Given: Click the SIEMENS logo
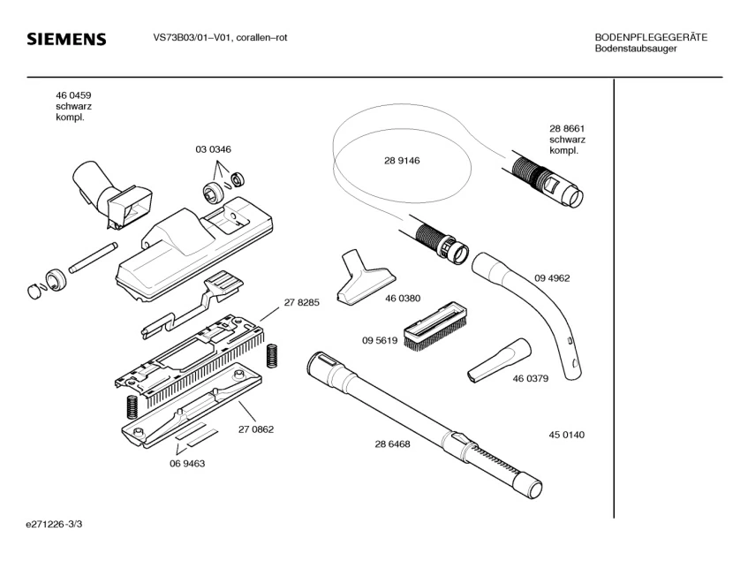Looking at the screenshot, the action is (x=66, y=39).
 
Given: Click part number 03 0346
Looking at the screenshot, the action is (x=213, y=149).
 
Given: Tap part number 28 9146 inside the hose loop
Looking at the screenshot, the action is (x=402, y=161).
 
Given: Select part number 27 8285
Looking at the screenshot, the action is (x=301, y=302).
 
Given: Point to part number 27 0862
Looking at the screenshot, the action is (x=256, y=429).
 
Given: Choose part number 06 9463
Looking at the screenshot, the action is (x=187, y=464).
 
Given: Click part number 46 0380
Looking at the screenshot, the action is (x=403, y=299).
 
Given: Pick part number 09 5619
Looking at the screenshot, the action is (x=380, y=341).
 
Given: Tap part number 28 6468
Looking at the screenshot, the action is (x=392, y=444).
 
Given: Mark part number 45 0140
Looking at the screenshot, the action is (x=566, y=435).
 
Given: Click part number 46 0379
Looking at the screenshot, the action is (x=531, y=379).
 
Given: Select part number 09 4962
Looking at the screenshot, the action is (x=552, y=278).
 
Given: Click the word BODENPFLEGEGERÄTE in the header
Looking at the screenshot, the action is (x=651, y=37).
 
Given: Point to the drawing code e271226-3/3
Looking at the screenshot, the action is (x=54, y=524).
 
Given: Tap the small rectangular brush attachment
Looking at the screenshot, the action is (x=435, y=326).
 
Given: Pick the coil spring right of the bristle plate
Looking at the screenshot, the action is (x=272, y=356).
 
